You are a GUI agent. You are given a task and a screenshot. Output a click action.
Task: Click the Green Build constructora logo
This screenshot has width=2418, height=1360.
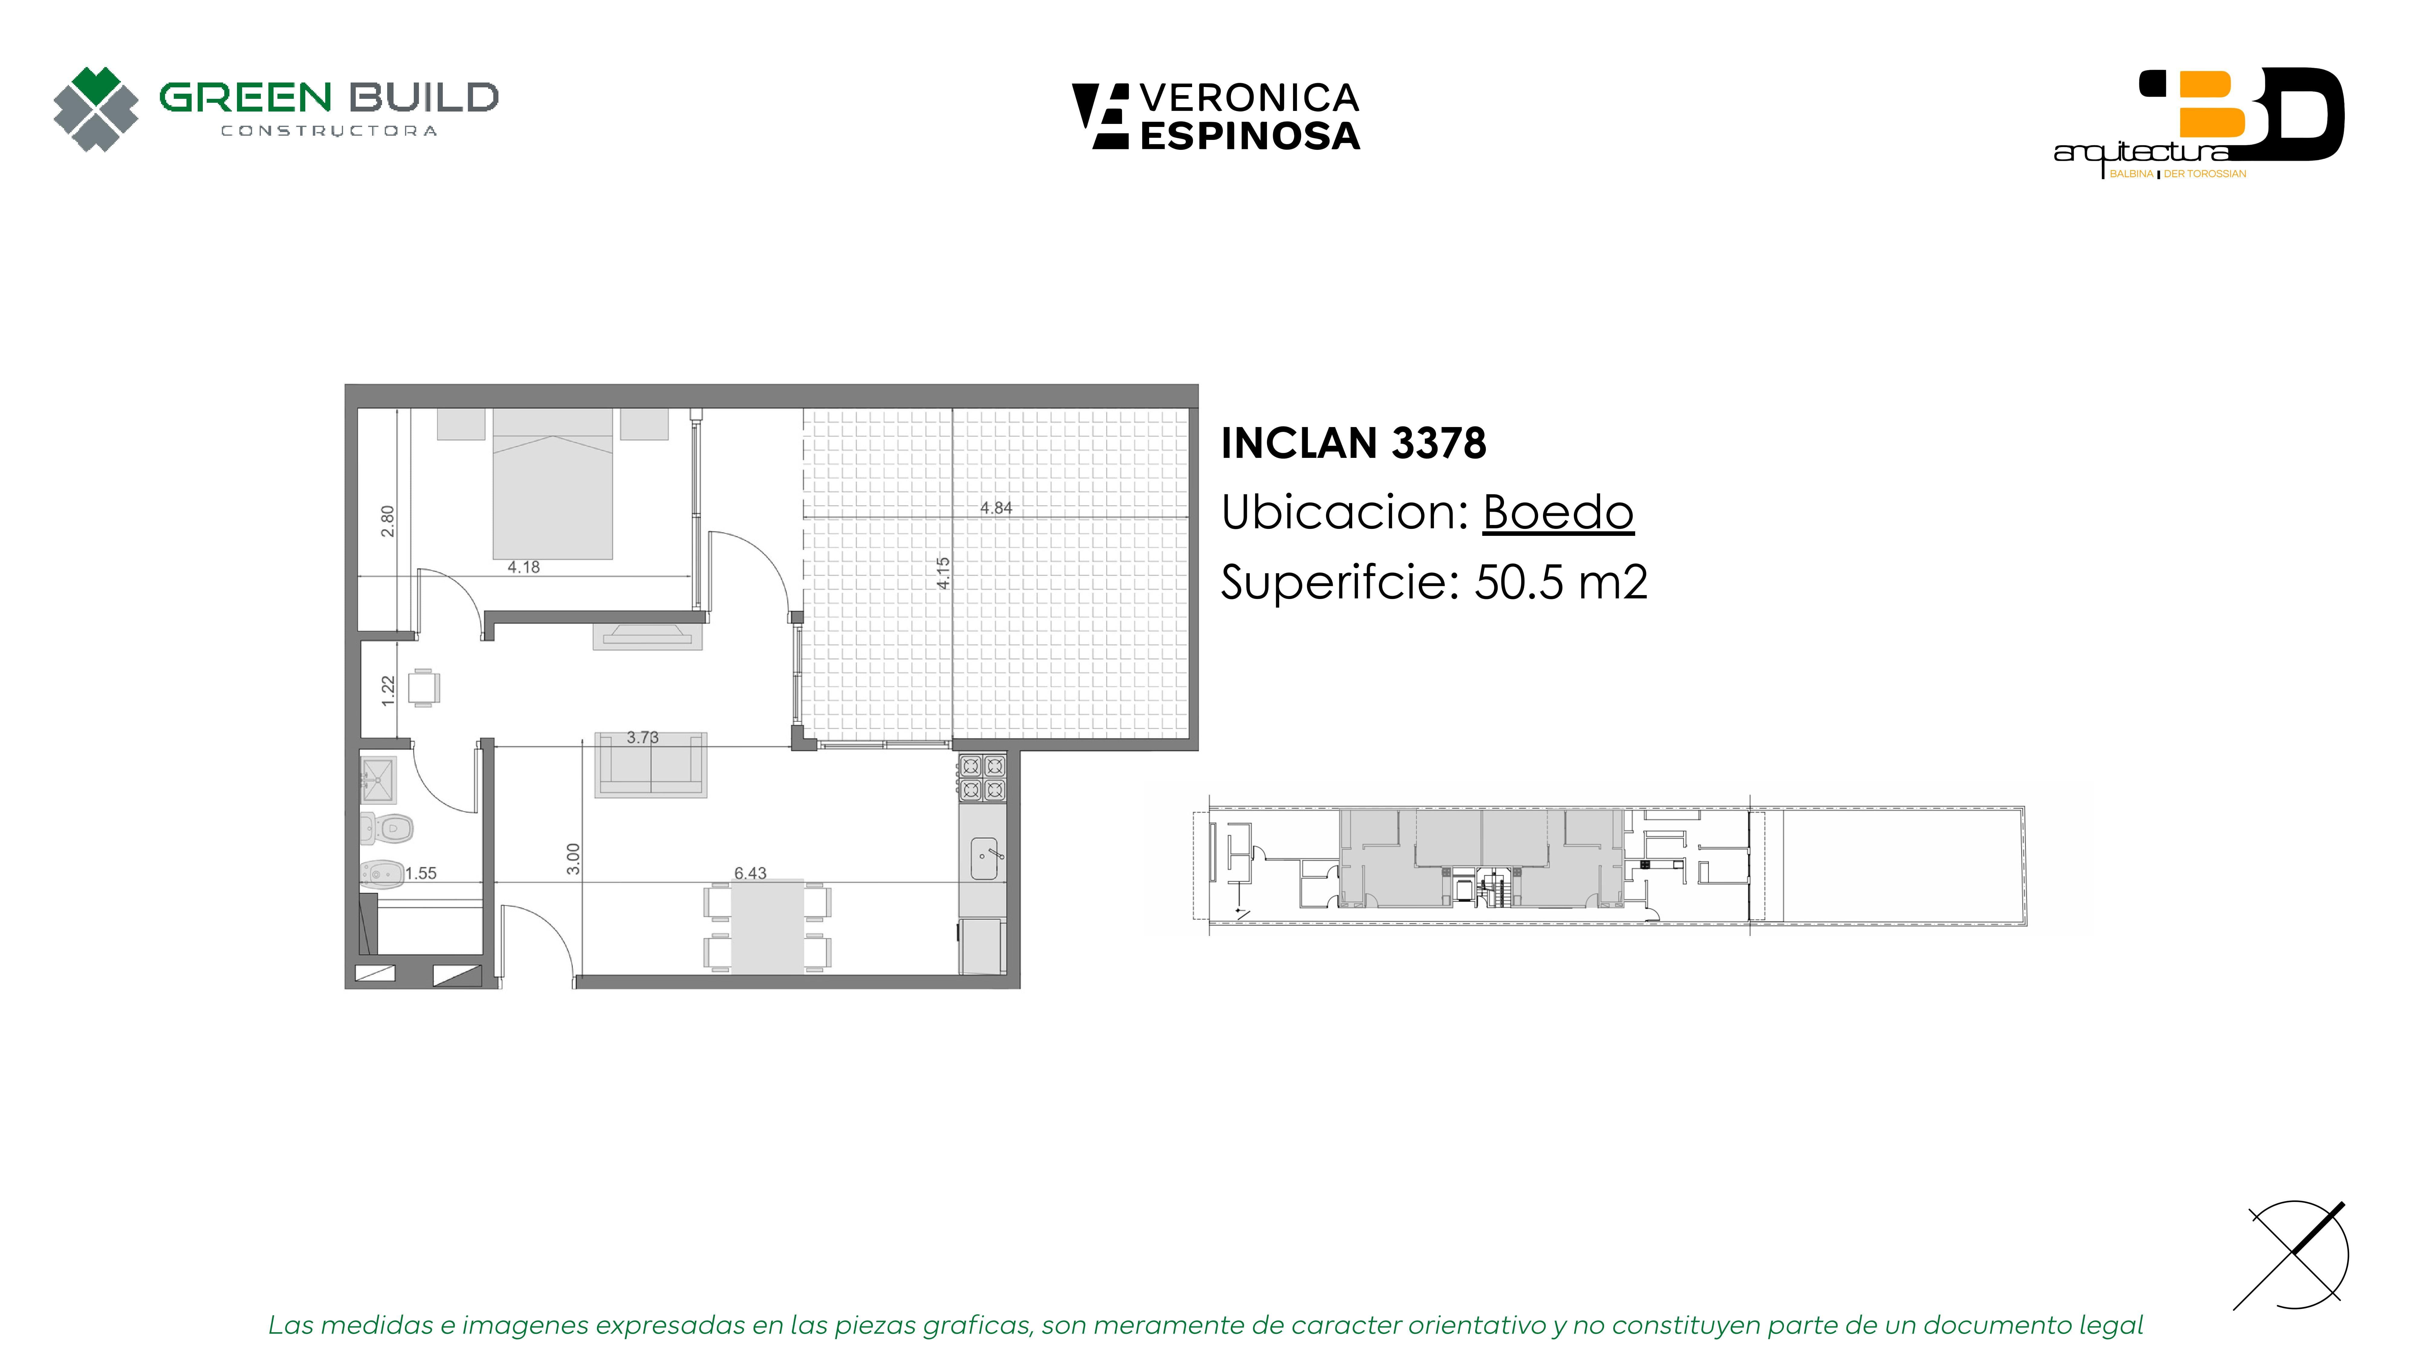point(275,109)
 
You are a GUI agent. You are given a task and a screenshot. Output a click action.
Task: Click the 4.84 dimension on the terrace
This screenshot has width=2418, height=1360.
point(996,508)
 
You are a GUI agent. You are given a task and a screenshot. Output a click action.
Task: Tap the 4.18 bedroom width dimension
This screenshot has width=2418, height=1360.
point(524,567)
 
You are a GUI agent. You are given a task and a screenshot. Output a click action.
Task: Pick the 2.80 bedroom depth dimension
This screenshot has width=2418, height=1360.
point(388,522)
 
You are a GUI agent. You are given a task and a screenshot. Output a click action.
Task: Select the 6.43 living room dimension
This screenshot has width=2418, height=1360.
point(750,873)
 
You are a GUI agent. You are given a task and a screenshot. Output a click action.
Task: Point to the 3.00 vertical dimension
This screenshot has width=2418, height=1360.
point(574,859)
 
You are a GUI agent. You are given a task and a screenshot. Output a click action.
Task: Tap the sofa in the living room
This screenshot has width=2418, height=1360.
point(650,765)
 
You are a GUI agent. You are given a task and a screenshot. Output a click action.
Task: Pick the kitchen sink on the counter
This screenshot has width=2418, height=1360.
point(984,859)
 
